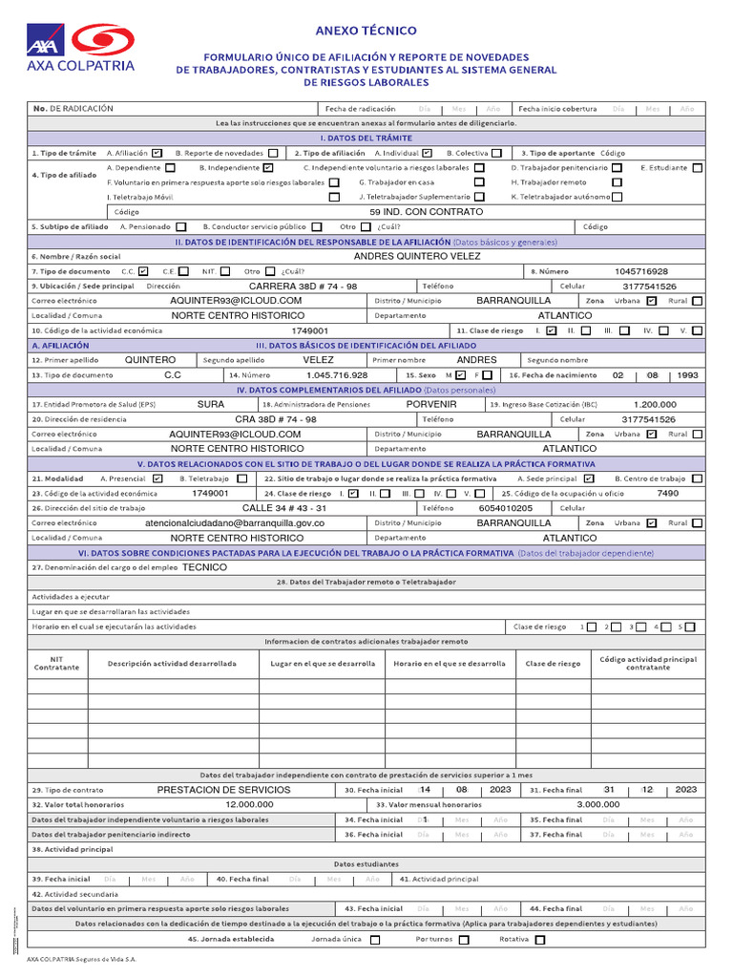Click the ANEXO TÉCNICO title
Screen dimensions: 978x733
click(366, 31)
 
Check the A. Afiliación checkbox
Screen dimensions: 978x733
click(157, 153)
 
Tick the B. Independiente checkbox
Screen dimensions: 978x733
click(268, 167)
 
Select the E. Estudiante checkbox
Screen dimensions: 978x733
click(698, 167)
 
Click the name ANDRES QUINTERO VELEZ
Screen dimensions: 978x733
click(417, 256)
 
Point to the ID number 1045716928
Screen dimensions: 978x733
click(641, 271)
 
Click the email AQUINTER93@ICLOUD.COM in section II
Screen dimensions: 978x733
click(236, 300)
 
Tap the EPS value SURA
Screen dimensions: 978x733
click(211, 404)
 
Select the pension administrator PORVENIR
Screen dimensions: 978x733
click(431, 404)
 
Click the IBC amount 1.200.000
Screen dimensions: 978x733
click(655, 404)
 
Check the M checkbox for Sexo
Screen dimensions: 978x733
click(461, 375)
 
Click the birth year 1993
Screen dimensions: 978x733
click(687, 375)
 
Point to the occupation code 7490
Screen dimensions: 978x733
click(668, 493)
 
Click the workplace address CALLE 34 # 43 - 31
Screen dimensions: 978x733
click(284, 508)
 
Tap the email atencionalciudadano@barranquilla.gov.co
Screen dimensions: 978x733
click(235, 523)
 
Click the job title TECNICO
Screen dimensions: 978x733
click(205, 566)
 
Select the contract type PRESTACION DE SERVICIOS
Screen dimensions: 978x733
click(224, 790)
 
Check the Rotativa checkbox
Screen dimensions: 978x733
click(540, 939)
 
